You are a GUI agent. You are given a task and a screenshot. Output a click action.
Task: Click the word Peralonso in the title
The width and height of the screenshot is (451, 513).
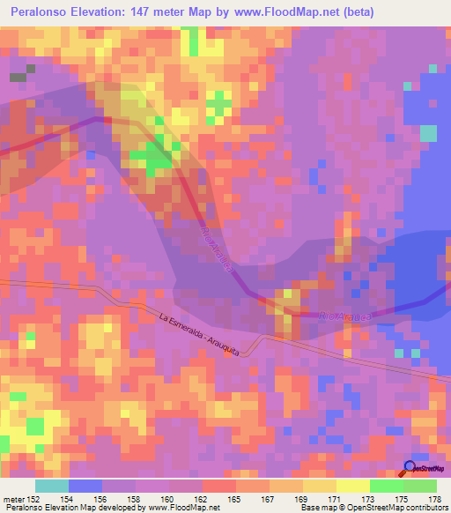46,12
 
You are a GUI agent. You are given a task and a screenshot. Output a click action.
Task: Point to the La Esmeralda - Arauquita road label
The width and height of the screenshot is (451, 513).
202,332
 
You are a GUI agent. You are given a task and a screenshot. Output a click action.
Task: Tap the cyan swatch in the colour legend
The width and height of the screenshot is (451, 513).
51,486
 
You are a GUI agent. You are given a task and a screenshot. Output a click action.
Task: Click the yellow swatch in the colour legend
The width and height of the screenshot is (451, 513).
352,486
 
